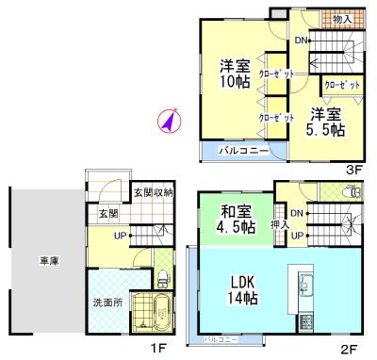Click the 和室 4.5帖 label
coord(235,219)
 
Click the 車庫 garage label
coord(48,260)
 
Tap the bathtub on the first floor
coord(152,312)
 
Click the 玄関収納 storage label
coord(152,193)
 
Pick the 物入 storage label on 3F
coord(342,18)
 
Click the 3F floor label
coord(354,170)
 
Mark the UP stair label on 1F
coord(122,234)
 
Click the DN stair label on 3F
coord(299,41)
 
